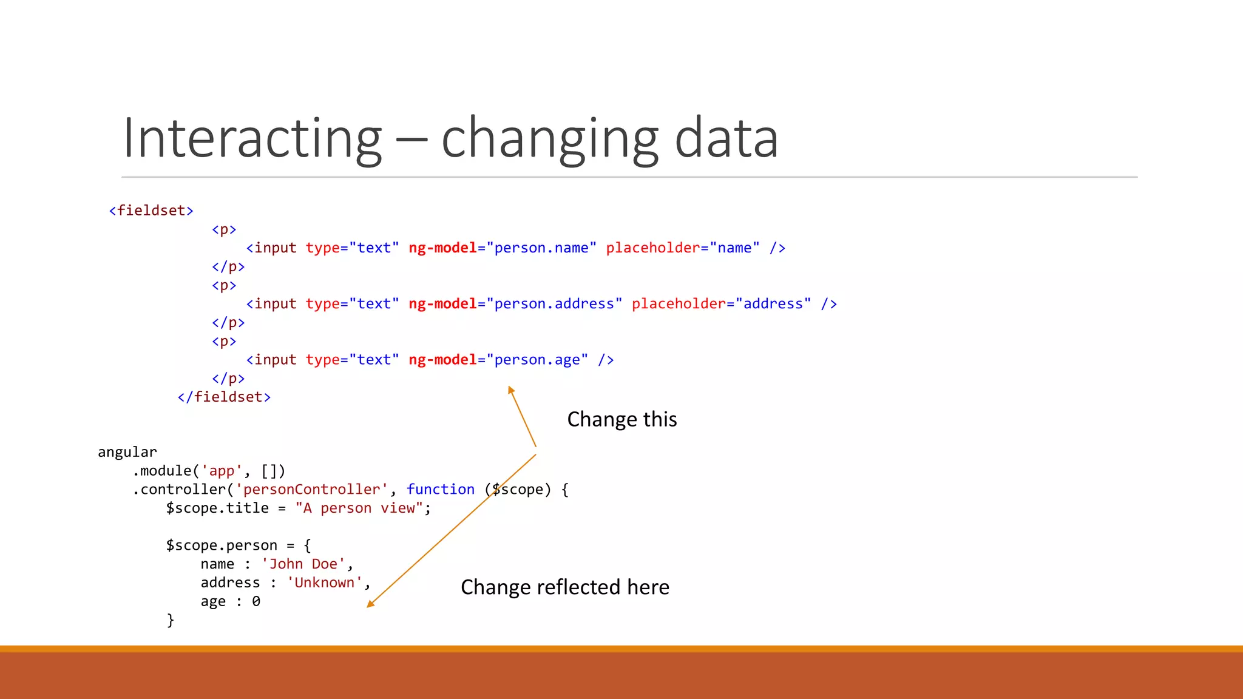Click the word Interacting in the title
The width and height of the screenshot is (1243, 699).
[252, 138]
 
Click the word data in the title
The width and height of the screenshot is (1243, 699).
[726, 138]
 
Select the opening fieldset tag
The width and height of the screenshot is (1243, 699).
[151, 211]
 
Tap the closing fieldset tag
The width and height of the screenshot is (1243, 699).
[224, 397]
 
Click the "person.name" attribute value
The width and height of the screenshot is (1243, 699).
[541, 248]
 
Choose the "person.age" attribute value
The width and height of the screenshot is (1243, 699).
[537, 360]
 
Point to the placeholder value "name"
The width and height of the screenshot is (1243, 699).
[734, 248]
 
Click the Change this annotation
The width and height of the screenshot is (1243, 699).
[622, 419]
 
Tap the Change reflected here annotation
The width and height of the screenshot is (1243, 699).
[565, 587]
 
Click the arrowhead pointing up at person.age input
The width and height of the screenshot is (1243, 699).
[511, 390]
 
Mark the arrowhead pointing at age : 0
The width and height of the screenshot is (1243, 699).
[370, 604]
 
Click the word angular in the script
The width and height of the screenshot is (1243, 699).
[127, 452]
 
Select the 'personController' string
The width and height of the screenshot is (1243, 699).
[311, 490]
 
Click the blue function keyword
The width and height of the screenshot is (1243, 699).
[441, 490]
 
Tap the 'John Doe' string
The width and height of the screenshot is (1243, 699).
[303, 564]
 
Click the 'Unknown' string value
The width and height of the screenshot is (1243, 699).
[325, 583]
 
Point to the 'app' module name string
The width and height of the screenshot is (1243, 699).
[222, 471]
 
